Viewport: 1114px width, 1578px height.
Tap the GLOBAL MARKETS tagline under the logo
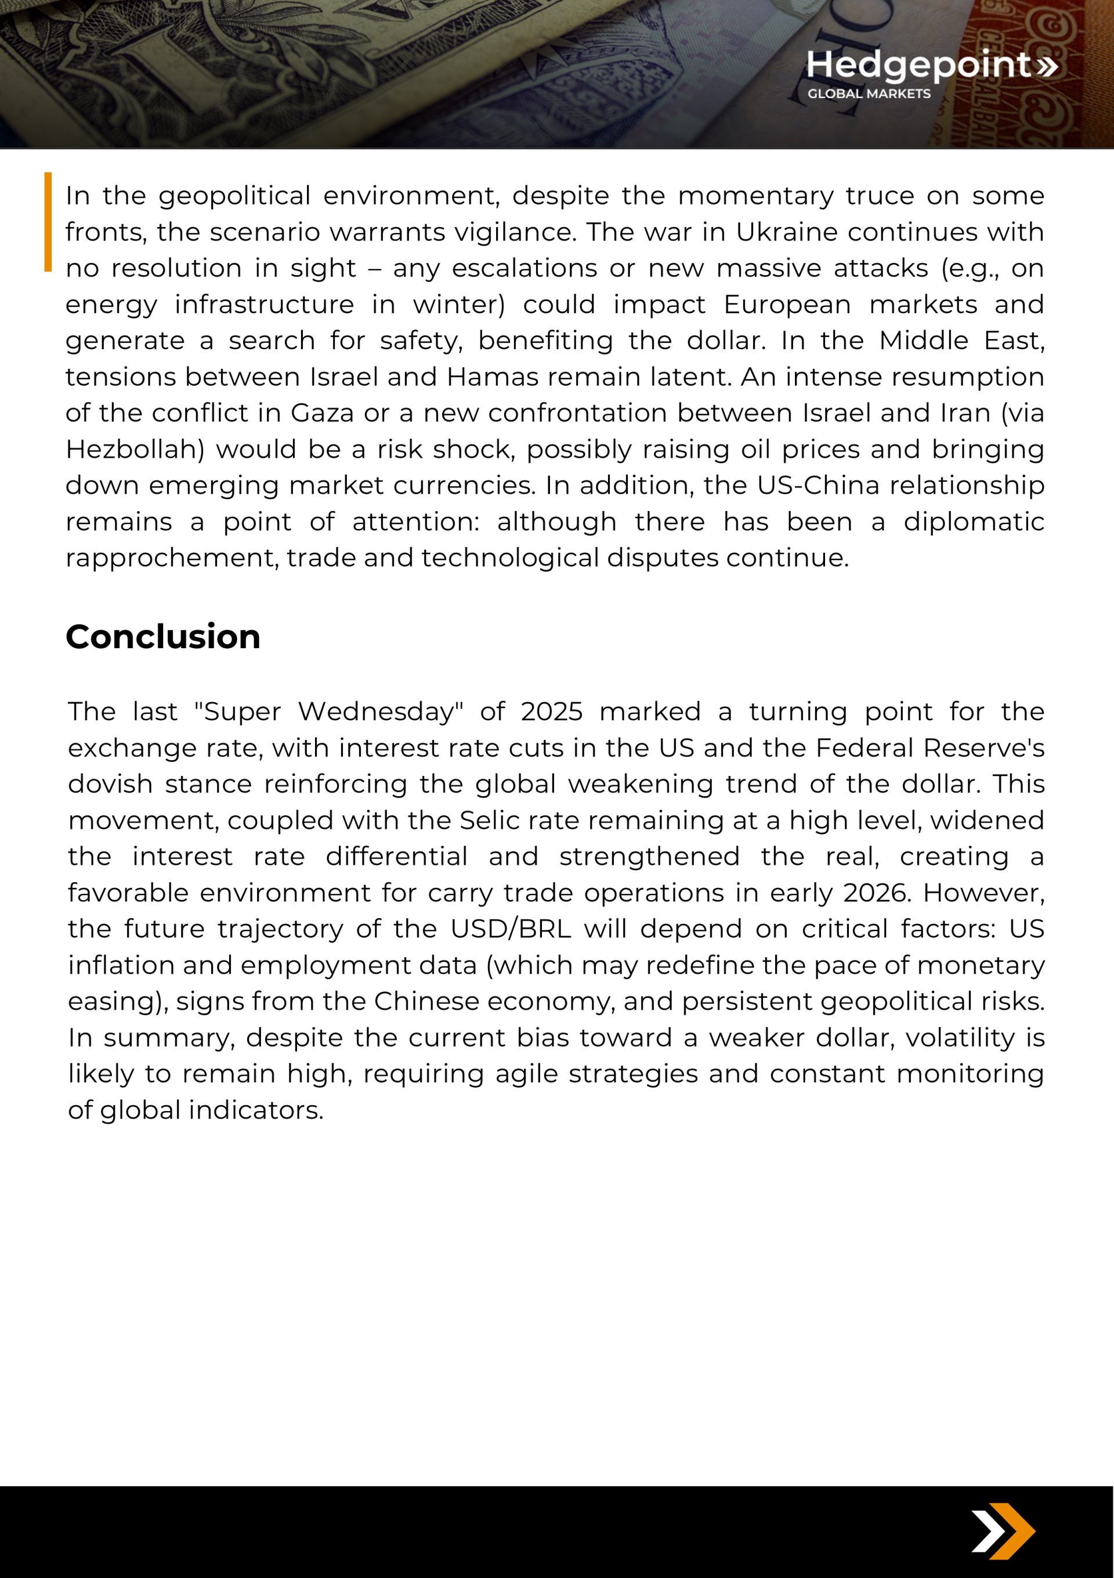(x=869, y=94)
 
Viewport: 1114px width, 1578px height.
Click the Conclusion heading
(x=163, y=637)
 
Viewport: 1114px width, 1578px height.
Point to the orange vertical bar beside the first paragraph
(x=48, y=221)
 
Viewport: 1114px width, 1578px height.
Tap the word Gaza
(x=322, y=413)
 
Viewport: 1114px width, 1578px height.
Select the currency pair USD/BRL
(x=511, y=929)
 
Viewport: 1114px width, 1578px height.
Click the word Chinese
(x=426, y=1001)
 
